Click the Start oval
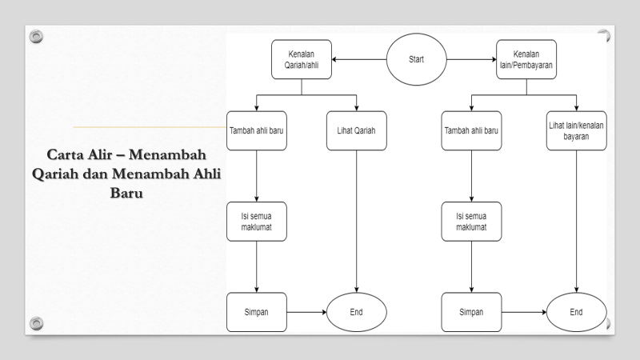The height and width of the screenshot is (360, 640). (x=416, y=60)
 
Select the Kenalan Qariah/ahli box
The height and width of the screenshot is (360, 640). (x=301, y=60)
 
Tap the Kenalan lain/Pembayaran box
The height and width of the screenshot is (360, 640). (x=526, y=60)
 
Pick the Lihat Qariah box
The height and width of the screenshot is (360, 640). (x=356, y=131)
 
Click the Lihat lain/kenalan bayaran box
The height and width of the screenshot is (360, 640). (x=577, y=130)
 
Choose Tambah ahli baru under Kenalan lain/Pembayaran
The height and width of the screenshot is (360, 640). (x=471, y=131)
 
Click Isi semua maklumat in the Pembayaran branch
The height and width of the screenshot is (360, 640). (x=471, y=222)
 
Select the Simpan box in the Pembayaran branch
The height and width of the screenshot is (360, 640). (x=471, y=312)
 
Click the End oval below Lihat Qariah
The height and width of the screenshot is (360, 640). (x=356, y=312)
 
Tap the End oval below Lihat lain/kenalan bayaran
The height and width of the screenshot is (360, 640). (x=577, y=312)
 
